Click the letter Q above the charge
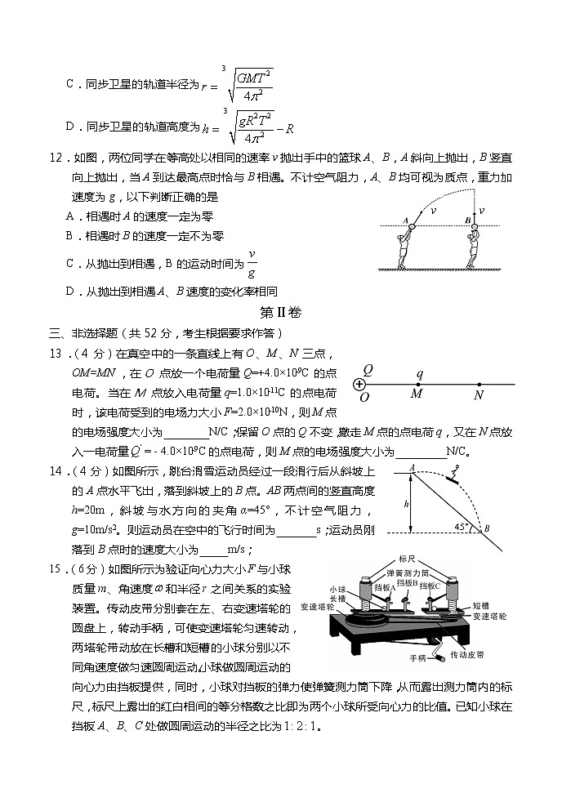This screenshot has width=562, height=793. (368, 369)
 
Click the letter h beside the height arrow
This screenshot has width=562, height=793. (395, 504)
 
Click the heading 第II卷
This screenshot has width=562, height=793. (280, 312)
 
